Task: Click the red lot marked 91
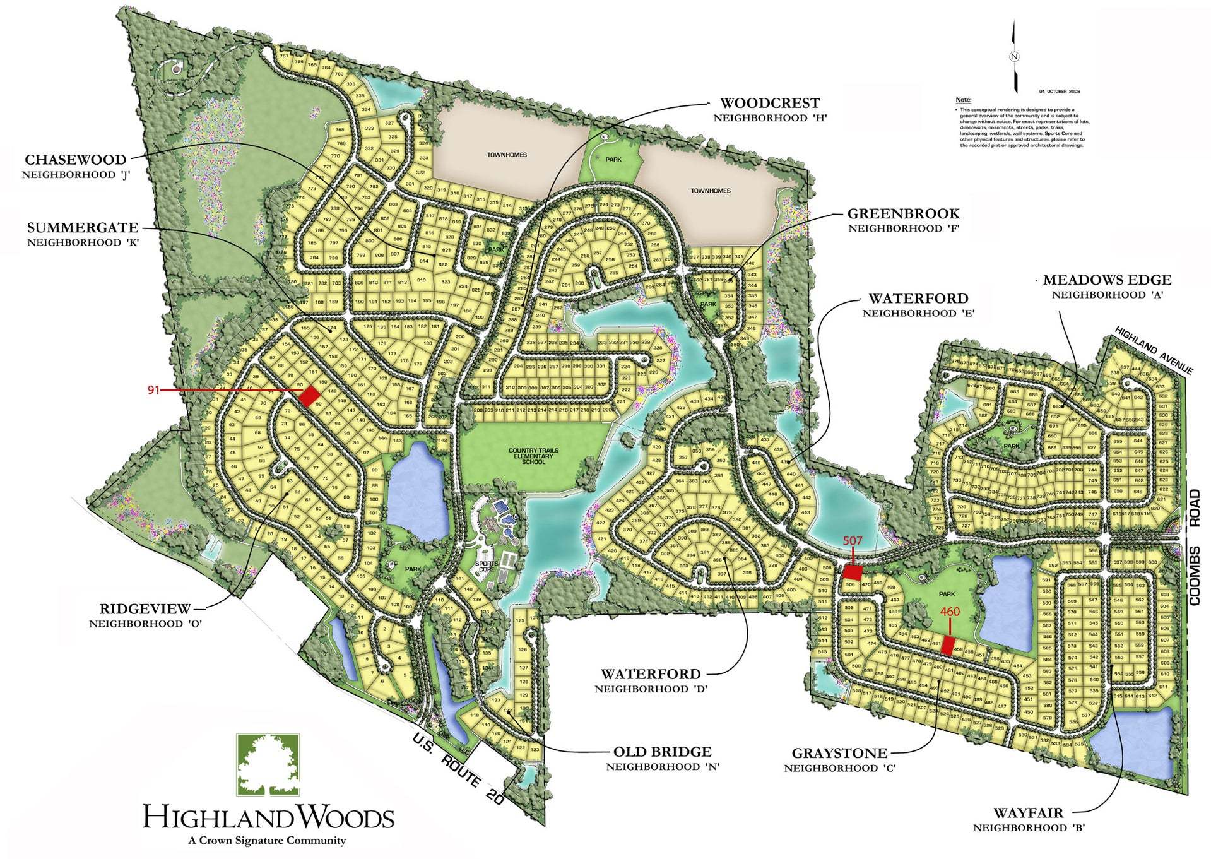coord(309,396)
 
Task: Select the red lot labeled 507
coord(853,572)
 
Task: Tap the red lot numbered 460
coord(947,646)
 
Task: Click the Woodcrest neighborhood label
coord(769,109)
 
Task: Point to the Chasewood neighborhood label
coord(75,166)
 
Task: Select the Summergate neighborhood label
coord(82,234)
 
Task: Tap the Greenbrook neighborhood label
coord(902,220)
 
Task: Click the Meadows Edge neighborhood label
coord(1106,286)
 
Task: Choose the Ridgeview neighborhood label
coord(145,615)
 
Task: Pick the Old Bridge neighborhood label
coord(662,758)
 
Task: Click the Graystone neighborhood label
coord(839,759)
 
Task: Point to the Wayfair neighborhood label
coord(1028,819)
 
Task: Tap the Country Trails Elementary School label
coord(533,456)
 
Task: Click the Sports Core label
coord(486,566)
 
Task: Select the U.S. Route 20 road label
coord(458,769)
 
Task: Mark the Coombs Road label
coord(1195,547)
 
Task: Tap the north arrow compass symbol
coord(1014,56)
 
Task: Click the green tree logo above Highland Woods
coord(268,764)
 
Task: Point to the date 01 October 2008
coord(1060,91)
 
